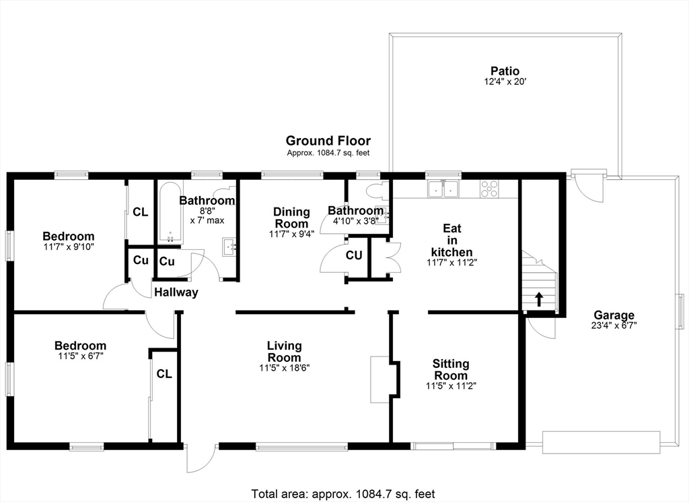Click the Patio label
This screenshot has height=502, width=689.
505,71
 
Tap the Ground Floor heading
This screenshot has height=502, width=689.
328,141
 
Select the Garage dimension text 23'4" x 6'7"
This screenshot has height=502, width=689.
614,325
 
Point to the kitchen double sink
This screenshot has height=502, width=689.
443,189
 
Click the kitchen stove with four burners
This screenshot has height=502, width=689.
489,189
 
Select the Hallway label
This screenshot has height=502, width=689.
176,292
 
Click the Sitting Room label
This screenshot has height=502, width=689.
451,370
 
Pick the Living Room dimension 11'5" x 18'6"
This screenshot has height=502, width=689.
284,368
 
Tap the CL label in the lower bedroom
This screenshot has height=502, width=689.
164,373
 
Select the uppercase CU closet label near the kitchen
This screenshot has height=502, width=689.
355,256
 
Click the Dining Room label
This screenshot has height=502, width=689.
291,218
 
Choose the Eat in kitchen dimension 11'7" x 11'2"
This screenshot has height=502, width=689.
451,262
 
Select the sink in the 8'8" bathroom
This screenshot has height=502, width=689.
230,247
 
